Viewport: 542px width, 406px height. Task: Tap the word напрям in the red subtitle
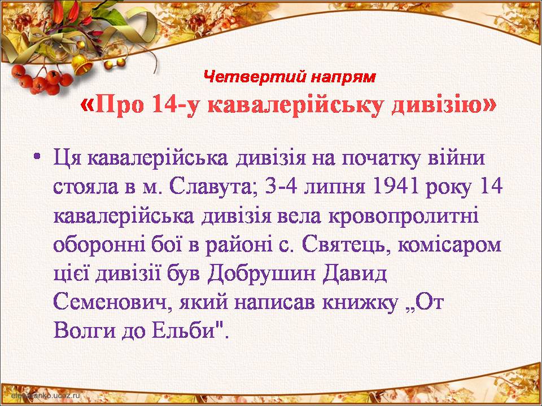(x=342, y=78)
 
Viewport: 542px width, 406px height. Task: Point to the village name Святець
(x=347, y=246)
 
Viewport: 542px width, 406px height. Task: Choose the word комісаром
(x=450, y=246)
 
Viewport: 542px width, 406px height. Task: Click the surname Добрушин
(x=263, y=275)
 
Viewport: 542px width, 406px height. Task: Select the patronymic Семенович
(x=113, y=303)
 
